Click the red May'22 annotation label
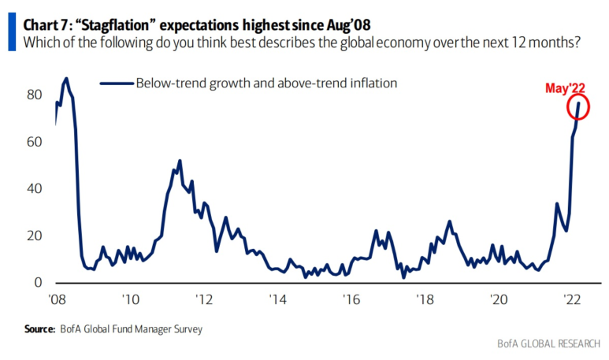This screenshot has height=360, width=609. pos(566,89)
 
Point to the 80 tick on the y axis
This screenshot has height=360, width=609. pos(35,95)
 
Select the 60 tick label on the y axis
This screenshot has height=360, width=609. pos(35,142)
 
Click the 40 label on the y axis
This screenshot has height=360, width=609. pos(35,189)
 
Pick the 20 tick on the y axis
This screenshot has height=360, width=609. pos(35,236)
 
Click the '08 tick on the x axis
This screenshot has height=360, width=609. pos(56,299)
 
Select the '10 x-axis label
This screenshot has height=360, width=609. pos(130,299)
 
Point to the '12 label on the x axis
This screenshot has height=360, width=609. pos(204,299)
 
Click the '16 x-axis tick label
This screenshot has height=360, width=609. pos(351,299)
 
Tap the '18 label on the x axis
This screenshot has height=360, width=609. pos(425,299)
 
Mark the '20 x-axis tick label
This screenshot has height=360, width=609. pos(499,299)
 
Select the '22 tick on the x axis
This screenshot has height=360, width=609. pos(572,299)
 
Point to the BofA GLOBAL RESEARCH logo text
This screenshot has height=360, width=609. pos(548,344)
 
